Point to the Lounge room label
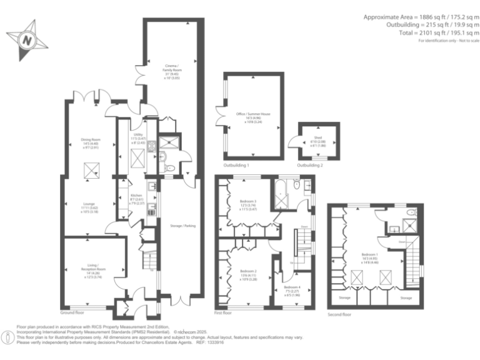coord(89,206)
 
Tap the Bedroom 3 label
coord(248,204)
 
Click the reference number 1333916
coord(214,342)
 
